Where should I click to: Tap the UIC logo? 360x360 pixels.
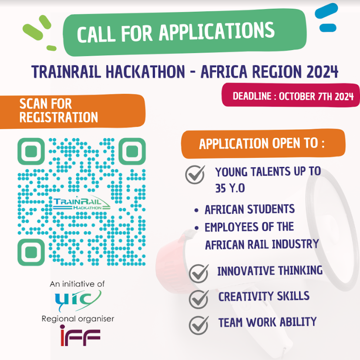pyautogui.click(x=78, y=300)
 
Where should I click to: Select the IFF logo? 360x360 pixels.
pyautogui.click(x=80, y=335)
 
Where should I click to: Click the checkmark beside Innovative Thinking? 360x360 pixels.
pyautogui.click(x=199, y=273)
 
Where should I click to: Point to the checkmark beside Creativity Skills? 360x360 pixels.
pyautogui.click(x=199, y=299)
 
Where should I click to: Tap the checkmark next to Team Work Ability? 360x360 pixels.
pyautogui.click(x=199, y=325)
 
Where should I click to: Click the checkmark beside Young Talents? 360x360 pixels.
pyautogui.click(x=195, y=174)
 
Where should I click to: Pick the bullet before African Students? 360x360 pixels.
pyautogui.click(x=196, y=210)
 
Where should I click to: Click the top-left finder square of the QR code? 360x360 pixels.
pyautogui.click(x=31, y=151)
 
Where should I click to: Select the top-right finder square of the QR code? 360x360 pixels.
pyautogui.click(x=132, y=151)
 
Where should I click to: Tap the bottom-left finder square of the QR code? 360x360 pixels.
pyautogui.click(x=31, y=252)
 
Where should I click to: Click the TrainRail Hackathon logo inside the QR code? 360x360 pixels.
pyautogui.click(x=81, y=203)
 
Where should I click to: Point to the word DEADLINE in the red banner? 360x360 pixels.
pyautogui.click(x=252, y=96)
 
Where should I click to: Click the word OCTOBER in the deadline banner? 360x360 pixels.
pyautogui.click(x=297, y=97)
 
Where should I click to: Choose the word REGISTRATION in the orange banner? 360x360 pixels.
pyautogui.click(x=59, y=117)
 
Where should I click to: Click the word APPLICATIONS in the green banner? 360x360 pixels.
pyautogui.click(x=217, y=31)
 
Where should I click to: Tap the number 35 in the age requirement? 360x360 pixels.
pyautogui.click(x=220, y=188)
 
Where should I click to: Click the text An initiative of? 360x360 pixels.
pyautogui.click(x=77, y=284)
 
